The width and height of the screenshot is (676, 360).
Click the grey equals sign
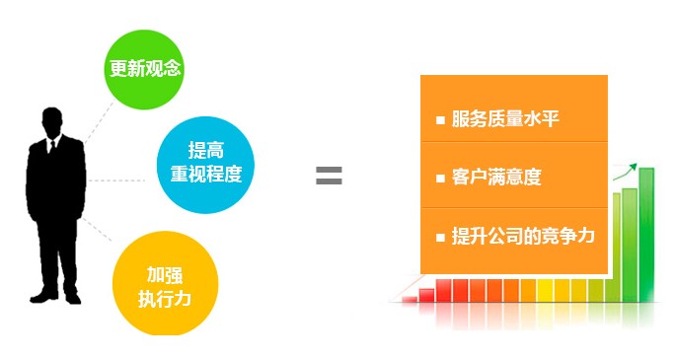coord(329,177)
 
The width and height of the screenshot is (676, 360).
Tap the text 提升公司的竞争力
coord(523,236)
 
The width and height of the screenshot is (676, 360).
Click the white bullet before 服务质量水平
coord(440,120)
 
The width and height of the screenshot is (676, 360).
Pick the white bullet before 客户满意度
coord(440,179)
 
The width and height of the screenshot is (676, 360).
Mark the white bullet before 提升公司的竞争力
coord(440,237)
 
